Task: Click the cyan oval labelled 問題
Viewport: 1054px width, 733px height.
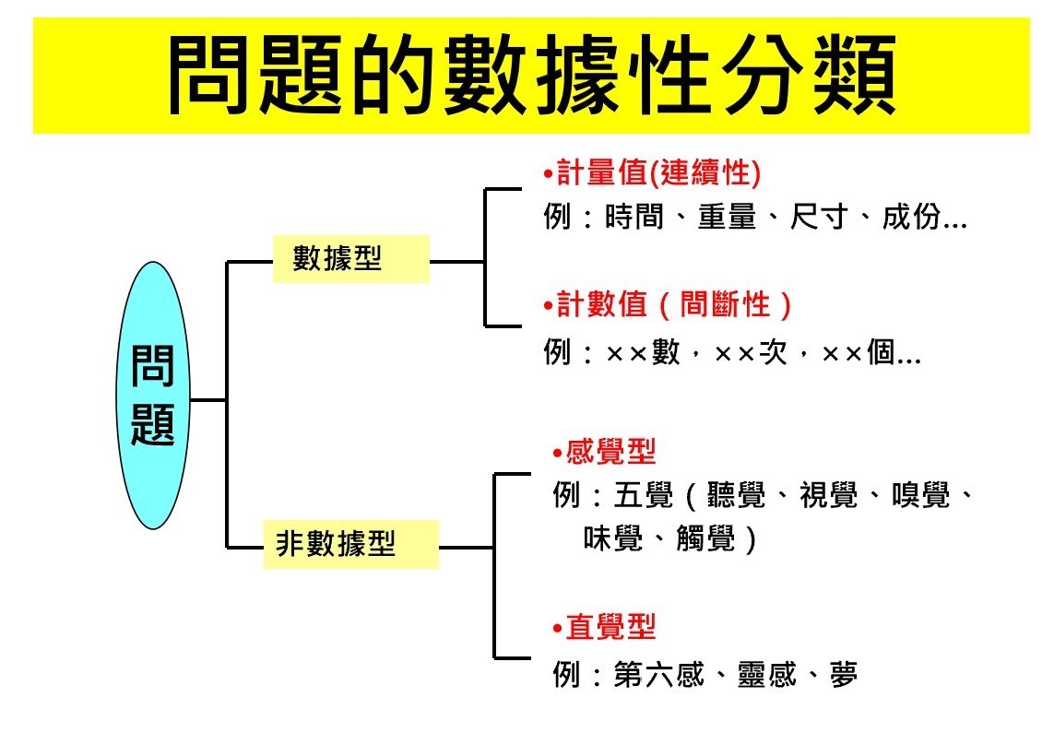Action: click(153, 395)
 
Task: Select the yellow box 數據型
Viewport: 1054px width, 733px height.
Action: click(350, 259)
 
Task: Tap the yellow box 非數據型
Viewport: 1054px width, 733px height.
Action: click(350, 544)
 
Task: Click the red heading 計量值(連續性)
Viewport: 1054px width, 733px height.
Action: click(653, 172)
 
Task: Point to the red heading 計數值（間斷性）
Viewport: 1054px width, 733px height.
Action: click(668, 304)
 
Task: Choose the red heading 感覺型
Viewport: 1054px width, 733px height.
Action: click(604, 452)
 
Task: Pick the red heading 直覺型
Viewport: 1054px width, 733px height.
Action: click(604, 627)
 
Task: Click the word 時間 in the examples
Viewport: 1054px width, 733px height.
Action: click(634, 217)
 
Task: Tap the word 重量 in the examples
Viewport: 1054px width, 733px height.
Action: click(727, 217)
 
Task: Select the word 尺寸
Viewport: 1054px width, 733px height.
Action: click(819, 217)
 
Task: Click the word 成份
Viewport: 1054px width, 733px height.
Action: click(911, 217)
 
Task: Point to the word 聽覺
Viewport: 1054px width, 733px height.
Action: click(736, 496)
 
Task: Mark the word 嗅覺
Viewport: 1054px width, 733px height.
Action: click(921, 496)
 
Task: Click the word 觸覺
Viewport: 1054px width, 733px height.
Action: click(705, 538)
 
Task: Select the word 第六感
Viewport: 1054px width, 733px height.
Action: click(658, 675)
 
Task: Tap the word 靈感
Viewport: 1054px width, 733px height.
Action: click(767, 675)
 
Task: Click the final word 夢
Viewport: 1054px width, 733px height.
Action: click(844, 675)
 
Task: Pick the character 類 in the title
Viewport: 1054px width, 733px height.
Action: click(855, 76)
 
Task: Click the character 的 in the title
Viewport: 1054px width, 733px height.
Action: click(393, 76)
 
